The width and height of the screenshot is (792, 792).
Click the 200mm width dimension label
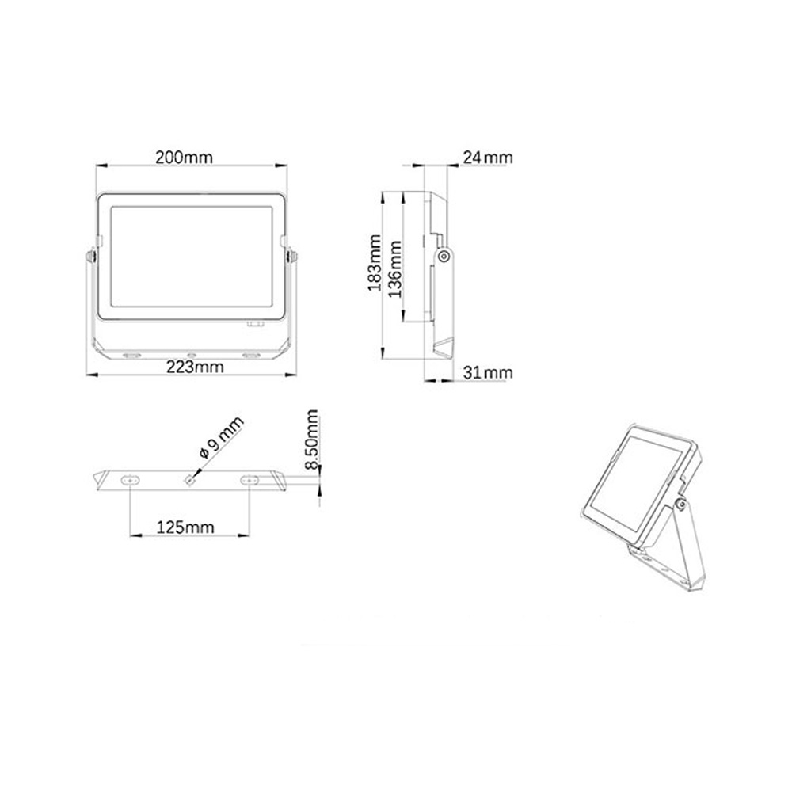pos(184,157)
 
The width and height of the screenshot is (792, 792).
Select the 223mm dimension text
pos(195,367)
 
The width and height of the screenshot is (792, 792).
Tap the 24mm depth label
pos(487,158)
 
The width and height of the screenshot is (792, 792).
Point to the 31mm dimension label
pos(487,372)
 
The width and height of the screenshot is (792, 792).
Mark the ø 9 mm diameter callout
pos(222,438)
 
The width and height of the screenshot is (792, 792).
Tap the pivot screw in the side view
pos(444,256)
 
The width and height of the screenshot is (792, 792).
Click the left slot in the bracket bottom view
pos(128,479)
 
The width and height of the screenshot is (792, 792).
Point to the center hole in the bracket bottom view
pos(190,478)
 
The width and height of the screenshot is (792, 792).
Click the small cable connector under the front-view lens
pos(255,323)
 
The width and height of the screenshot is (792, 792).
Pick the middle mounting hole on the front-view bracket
pos(190,353)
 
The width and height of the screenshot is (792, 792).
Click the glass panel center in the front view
pos(191,259)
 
